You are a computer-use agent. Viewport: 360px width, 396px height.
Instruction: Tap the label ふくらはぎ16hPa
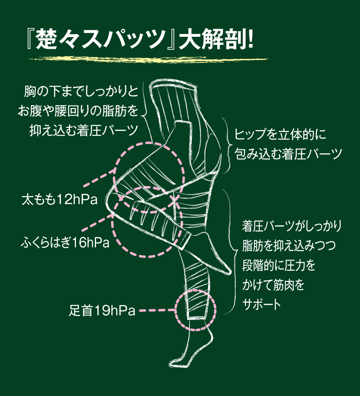pyautogui.click(x=65, y=242)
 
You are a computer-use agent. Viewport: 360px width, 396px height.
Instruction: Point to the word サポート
pyautogui.click(x=262, y=304)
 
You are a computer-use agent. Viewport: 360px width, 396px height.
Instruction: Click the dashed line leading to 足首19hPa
pyautogui.click(x=156, y=310)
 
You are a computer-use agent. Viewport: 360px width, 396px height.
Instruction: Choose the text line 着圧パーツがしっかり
pyautogui.click(x=292, y=226)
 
